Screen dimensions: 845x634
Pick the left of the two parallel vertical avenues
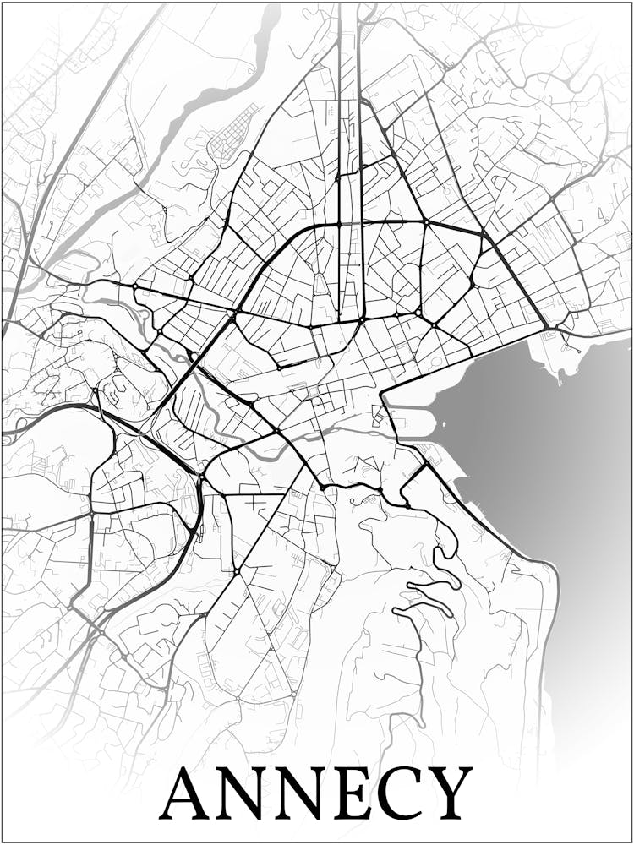click(x=340, y=127)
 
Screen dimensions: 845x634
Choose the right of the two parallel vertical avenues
click(x=360, y=127)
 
